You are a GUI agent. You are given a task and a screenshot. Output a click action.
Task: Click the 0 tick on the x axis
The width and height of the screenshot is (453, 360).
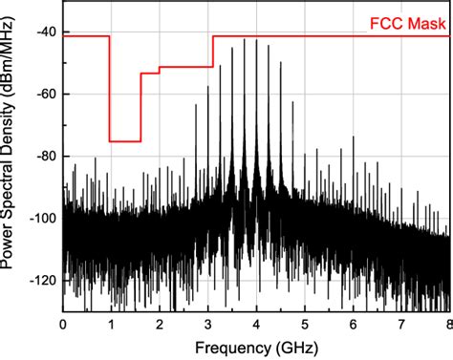click(x=63, y=324)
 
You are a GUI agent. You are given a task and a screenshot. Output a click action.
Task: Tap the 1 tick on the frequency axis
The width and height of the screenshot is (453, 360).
click(x=111, y=324)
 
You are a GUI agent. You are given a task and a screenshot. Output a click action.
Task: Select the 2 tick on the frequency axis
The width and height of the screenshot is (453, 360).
click(x=160, y=324)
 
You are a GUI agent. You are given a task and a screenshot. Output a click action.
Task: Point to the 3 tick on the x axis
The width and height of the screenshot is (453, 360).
click(x=208, y=324)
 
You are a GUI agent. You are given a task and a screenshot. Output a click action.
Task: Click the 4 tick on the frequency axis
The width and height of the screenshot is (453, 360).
click(x=257, y=324)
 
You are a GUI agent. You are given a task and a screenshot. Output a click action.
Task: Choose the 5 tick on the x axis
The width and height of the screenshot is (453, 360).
click(x=305, y=324)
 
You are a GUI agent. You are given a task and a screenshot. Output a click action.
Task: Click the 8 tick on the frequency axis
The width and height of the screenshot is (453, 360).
click(x=447, y=324)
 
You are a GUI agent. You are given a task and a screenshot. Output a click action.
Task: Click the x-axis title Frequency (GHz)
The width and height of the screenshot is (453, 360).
click(x=255, y=348)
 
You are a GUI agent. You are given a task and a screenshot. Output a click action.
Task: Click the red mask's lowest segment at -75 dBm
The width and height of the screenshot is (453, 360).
click(x=125, y=141)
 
